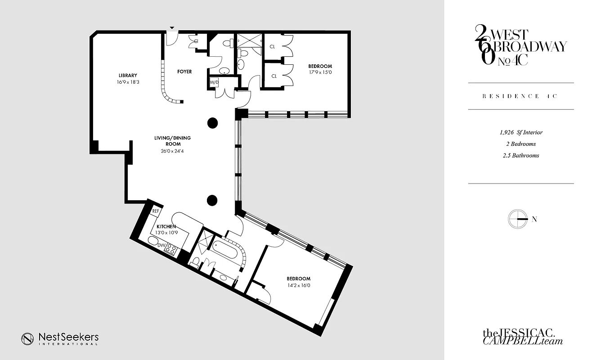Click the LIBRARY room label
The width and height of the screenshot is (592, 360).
[128, 75]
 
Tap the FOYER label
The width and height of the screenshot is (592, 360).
[184, 72]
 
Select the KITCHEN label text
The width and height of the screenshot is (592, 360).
[166, 226]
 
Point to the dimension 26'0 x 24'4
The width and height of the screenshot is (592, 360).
[171, 151]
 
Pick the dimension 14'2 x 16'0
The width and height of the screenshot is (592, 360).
[297, 285]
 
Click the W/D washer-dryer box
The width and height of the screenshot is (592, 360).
[214, 82]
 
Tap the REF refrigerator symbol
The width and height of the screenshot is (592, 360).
[156, 211]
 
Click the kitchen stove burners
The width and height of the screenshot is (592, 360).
[171, 249]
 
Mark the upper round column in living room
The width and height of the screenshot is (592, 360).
[213, 122]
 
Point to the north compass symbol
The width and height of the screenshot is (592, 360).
[517, 219]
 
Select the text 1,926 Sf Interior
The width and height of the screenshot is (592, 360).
[520, 133]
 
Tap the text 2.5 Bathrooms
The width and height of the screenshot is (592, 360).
[520, 155]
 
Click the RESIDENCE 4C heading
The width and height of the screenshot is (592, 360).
[520, 96]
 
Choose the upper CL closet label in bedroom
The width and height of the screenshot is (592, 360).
[273, 46]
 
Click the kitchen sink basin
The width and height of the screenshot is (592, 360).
[153, 243]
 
